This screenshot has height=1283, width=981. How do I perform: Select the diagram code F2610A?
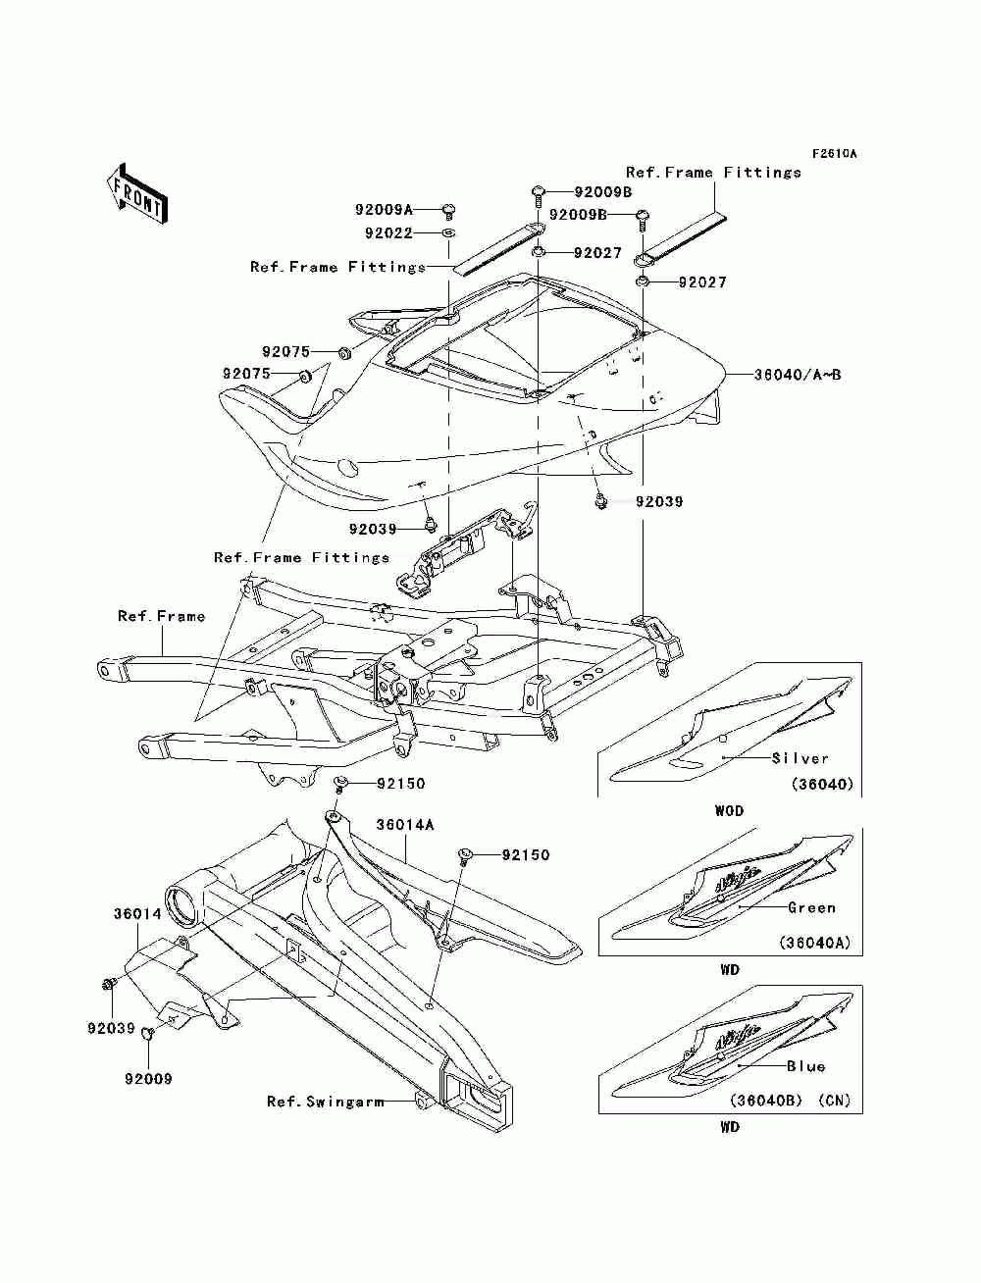pos(834,154)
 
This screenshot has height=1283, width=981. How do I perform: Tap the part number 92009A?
pos(384,209)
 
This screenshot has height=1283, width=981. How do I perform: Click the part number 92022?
pos(388,233)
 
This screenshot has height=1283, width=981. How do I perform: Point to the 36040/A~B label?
pos(798,374)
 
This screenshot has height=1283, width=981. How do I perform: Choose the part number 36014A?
pos(405,825)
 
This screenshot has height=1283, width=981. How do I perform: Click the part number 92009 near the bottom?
pos(148,1078)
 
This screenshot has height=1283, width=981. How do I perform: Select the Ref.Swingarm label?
pos(326,1102)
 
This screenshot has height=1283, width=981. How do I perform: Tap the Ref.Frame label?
pos(161,616)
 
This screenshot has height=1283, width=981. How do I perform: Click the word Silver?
pos(800,758)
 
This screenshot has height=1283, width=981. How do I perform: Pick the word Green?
pos(811,907)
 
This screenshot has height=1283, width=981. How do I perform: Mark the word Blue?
pos(805,1066)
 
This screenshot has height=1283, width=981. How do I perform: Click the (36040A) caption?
pos(815,943)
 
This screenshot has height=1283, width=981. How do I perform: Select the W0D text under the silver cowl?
pos(729,811)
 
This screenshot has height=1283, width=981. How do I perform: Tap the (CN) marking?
pos(834,1100)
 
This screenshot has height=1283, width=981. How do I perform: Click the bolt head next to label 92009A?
pos(449,209)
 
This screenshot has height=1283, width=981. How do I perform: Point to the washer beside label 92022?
pos(448,233)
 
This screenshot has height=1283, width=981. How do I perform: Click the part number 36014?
pos(137,913)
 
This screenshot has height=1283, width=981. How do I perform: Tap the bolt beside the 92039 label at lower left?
pos(109,999)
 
